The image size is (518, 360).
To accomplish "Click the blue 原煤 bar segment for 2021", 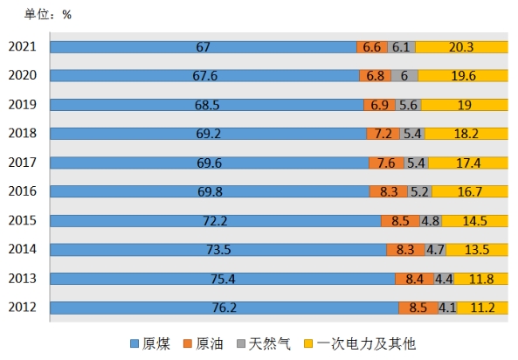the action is tap(204, 47).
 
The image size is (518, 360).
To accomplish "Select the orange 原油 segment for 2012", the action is tap(418, 308).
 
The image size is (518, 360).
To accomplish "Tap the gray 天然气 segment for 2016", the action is tap(419, 191).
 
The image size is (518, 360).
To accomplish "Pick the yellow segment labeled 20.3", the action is tap(461, 47).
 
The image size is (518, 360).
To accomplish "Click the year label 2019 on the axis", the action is tap(22, 105).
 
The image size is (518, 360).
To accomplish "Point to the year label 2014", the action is tap(22, 249).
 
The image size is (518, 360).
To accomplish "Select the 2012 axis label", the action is tap(22, 307).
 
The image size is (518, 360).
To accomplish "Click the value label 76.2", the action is tap(224, 308).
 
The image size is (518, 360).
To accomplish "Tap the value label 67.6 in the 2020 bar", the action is tap(204, 76).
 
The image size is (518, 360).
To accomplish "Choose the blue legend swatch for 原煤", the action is tap(135, 343).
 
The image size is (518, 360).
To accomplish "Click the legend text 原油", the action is tap(210, 343).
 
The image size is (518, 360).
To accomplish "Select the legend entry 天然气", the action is tap(264, 343).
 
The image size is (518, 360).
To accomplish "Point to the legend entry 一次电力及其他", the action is tap(360, 343).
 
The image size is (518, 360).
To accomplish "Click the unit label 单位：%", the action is tap(48, 15).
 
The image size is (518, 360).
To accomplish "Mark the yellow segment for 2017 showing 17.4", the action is tap(468, 163).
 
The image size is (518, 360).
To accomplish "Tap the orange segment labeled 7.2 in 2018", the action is tap(383, 134).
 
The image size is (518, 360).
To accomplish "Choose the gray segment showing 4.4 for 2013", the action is tap(444, 279).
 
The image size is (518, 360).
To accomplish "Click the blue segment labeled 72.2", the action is tap(216, 221).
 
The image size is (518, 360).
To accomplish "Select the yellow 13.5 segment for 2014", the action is tap(477, 250).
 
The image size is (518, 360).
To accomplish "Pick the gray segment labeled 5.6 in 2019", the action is tap(408, 105).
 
